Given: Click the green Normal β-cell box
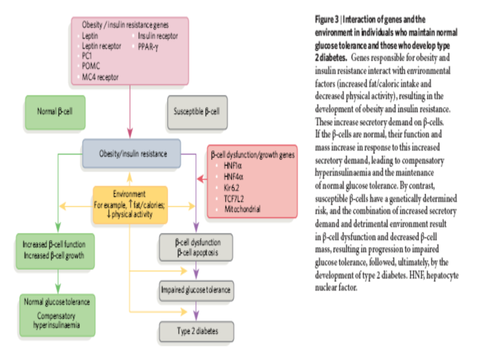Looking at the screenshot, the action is pyautogui.click(x=55, y=112).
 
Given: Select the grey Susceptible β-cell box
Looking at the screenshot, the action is pyautogui.click(x=197, y=112).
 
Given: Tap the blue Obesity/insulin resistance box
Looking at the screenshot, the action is pyautogui.click(x=131, y=153).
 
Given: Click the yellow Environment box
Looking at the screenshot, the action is pyautogui.click(x=130, y=205).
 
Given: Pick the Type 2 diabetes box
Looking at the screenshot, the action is pyautogui.click(x=197, y=331).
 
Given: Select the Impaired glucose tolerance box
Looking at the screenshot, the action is pyautogui.click(x=196, y=291).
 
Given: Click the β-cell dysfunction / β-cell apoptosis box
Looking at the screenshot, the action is pyautogui.click(x=196, y=247).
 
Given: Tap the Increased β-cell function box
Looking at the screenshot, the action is pyautogui.click(x=55, y=251).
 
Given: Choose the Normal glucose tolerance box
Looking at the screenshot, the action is pyautogui.click(x=57, y=315).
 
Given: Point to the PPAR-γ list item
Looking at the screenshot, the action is pyautogui.click(x=148, y=47).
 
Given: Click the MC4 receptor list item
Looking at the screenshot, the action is pyautogui.click(x=100, y=77).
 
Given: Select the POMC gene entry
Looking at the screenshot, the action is pyautogui.click(x=91, y=66).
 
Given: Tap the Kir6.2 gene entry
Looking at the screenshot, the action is pyautogui.click(x=231, y=187).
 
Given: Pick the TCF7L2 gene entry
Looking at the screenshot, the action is pyautogui.click(x=234, y=199).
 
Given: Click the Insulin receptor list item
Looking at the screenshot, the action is pyautogui.click(x=158, y=36).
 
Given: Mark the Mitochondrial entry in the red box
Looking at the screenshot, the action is pyautogui.click(x=242, y=209).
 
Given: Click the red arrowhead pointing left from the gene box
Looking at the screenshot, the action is pyautogui.click(x=201, y=179).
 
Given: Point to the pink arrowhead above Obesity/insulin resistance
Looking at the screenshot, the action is pyautogui.click(x=130, y=133).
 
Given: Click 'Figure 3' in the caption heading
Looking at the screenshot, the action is pyautogui.click(x=327, y=19).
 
